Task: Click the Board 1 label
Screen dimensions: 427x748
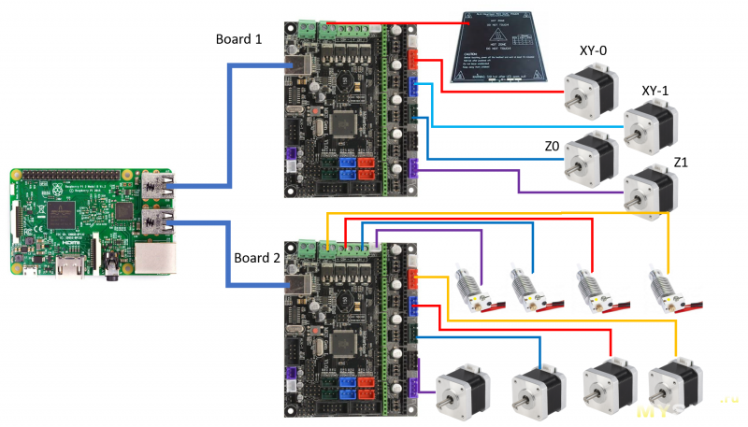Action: pyautogui.click(x=237, y=39)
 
